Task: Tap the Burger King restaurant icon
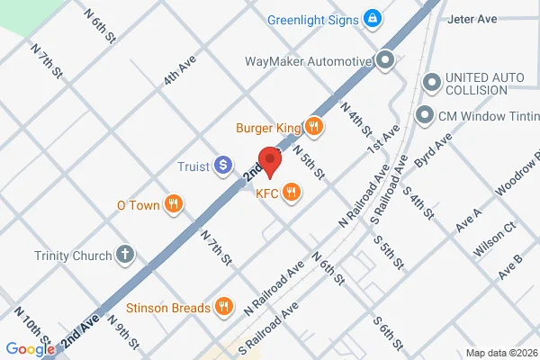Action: [314, 127]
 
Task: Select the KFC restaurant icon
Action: [292, 191]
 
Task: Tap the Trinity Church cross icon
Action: [125, 255]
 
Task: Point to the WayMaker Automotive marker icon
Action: [386, 61]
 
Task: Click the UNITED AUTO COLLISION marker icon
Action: [432, 84]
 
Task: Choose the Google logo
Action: [30, 349]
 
